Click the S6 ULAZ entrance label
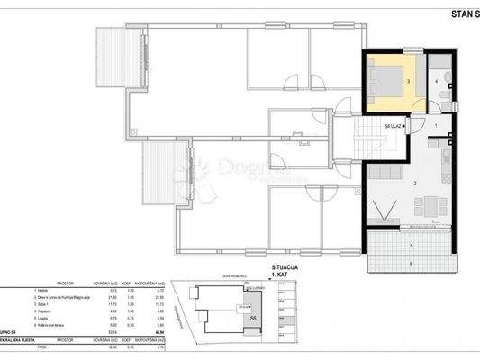click(x=393, y=127)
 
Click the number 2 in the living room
click(x=413, y=183)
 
